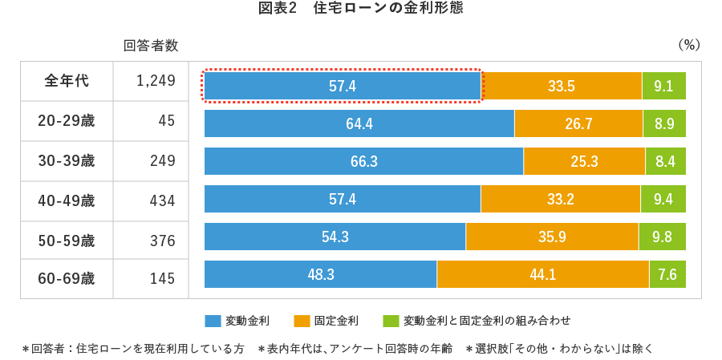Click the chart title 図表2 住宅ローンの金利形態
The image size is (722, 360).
point(360,10)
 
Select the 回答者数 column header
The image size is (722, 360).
point(151,46)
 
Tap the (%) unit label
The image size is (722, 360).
point(689,46)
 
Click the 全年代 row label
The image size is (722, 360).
point(67,81)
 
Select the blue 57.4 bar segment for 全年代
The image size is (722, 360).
point(343,86)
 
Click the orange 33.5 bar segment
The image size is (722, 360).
point(562,86)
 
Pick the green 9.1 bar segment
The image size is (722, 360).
point(663,86)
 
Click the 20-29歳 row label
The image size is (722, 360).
point(67,121)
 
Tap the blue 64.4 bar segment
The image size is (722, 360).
point(359,123)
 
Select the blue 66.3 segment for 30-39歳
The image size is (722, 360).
point(363,161)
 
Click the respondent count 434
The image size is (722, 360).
point(162,200)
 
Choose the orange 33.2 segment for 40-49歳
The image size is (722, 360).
point(560,199)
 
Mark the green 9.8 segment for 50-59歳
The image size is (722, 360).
point(662,237)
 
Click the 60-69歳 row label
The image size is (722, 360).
point(67,279)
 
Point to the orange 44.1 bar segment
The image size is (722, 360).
point(542,274)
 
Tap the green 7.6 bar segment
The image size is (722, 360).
point(667,274)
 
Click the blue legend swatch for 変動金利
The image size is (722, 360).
point(213,321)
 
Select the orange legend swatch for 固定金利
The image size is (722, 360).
point(302,321)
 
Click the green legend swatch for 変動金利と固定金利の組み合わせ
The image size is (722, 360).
point(391,321)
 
